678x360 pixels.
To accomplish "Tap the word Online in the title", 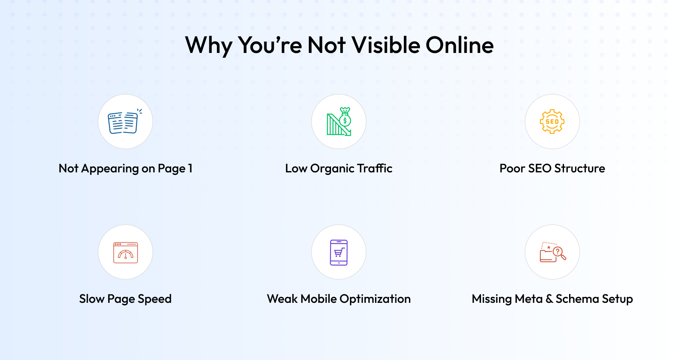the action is pos(460,45).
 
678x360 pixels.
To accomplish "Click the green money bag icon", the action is pos(345,117).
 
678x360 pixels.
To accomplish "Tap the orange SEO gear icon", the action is pos(552,122).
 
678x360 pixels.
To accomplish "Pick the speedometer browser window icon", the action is pos(125,252).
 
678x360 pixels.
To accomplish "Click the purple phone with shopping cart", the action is pos(339,252).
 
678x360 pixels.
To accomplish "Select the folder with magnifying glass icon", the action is pos(553,252).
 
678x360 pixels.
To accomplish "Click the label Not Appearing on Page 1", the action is pos(125,169).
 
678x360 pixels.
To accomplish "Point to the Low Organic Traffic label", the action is pos(339,169).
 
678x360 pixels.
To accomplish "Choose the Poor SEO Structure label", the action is pos(552,168).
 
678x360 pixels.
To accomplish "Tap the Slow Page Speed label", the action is pos(125,299).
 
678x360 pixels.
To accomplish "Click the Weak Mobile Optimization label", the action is pos(339,299).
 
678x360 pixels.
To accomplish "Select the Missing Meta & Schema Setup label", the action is pos(552,299).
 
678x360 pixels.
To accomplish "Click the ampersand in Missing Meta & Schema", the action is pos(549,299).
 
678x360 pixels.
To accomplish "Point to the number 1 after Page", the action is pos(190,169).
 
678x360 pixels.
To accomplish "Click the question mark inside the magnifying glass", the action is pos(558,252).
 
